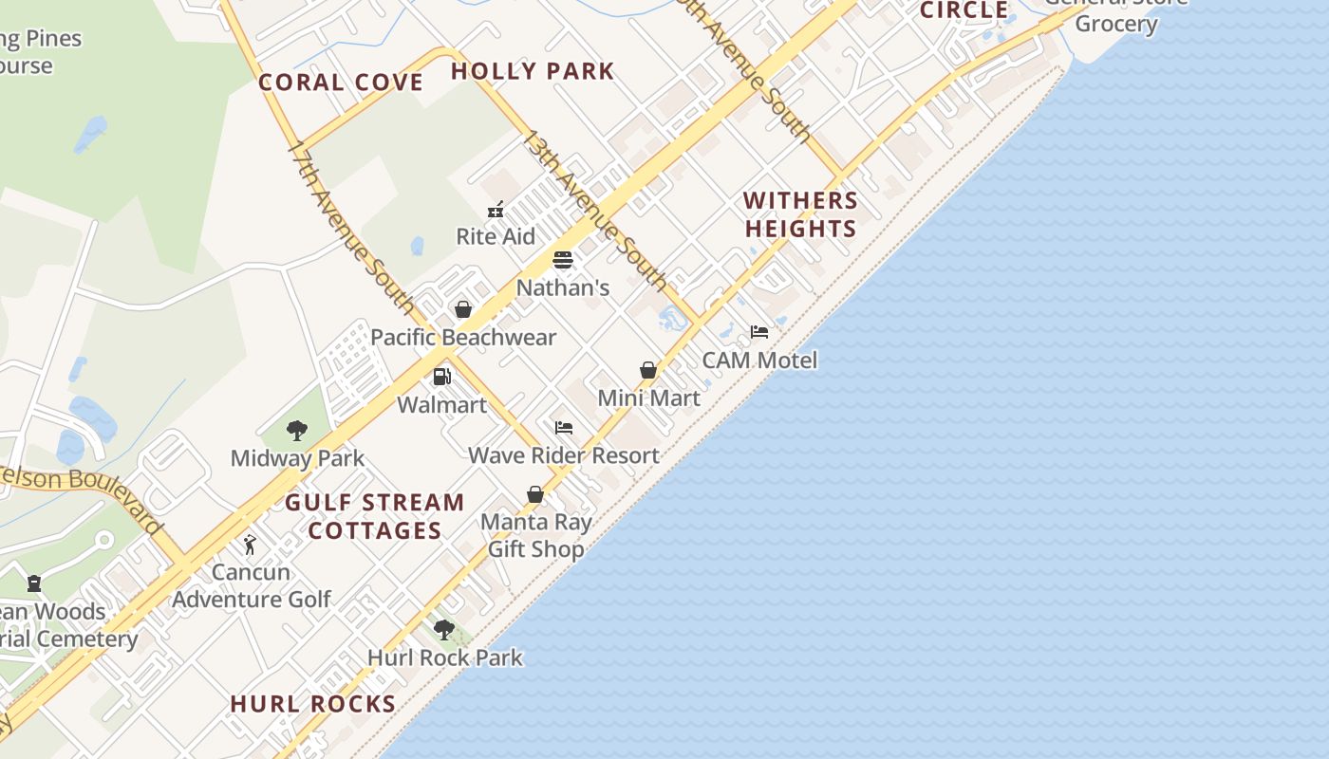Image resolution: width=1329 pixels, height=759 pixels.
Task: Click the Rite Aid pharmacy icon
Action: pos(495,209)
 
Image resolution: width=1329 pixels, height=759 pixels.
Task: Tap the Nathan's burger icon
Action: pos(563,260)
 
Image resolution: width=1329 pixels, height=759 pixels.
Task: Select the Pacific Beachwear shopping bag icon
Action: pos(463,309)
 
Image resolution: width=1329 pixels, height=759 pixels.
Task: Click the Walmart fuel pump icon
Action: pos(441,377)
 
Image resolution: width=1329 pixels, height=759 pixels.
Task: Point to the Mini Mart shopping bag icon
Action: pos(648,370)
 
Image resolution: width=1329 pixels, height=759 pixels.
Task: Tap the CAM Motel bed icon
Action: pos(759,332)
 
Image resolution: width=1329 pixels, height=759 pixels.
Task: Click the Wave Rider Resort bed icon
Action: pos(564,428)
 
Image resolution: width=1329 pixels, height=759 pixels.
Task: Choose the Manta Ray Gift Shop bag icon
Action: pos(535,494)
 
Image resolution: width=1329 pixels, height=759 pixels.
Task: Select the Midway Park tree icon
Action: pos(297,431)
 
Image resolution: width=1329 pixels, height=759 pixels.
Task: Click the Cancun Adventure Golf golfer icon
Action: pos(250,545)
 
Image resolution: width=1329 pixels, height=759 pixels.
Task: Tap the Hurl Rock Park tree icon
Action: pos(443,629)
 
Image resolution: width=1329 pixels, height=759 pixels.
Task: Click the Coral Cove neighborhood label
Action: pos(341,83)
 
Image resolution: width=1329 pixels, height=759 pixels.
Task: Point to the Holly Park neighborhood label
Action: pos(533,71)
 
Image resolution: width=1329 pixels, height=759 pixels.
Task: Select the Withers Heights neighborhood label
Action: pos(800,214)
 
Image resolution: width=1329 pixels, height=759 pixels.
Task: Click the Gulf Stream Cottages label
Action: pos(375,516)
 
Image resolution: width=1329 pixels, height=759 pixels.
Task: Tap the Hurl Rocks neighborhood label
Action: pos(313,704)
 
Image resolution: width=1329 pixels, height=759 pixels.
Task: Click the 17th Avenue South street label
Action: pos(350,228)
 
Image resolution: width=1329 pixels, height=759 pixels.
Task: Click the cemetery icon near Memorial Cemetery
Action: pos(34,583)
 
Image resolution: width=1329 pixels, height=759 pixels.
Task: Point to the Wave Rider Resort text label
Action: pos(564,455)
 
